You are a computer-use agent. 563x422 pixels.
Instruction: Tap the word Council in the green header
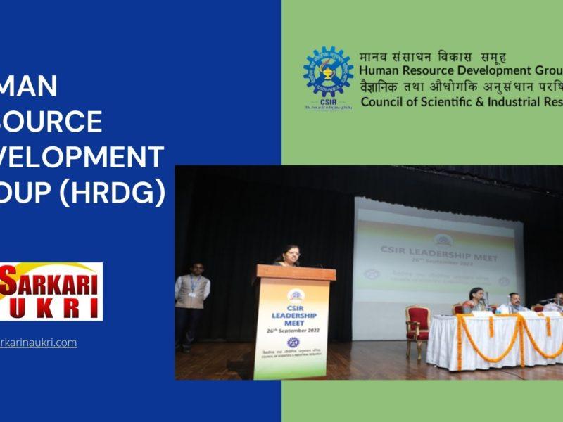pyautogui.click(x=384, y=101)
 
